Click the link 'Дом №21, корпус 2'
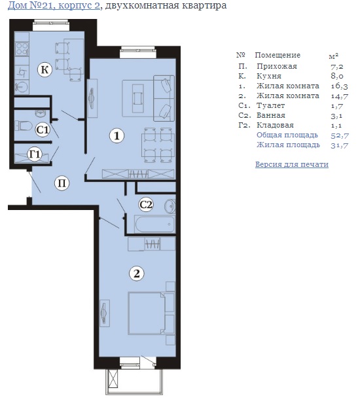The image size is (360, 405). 54,5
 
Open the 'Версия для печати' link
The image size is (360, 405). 292,164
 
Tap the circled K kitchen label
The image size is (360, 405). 45,70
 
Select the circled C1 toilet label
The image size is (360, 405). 43,130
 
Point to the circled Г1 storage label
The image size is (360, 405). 35,154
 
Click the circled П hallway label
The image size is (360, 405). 62,183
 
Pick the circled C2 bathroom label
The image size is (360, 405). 146,205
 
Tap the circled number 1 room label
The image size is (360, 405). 117,135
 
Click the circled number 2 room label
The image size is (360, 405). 137,273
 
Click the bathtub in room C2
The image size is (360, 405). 154,224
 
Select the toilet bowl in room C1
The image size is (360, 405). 24,126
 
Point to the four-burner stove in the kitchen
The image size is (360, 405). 22,49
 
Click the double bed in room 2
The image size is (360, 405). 151,313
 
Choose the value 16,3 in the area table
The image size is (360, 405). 339,86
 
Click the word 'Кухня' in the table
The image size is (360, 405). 269,76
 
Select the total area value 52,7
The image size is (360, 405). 340,135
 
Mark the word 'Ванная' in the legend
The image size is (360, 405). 271,115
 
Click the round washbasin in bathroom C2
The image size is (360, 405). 170,206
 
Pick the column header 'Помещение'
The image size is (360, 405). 278,55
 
